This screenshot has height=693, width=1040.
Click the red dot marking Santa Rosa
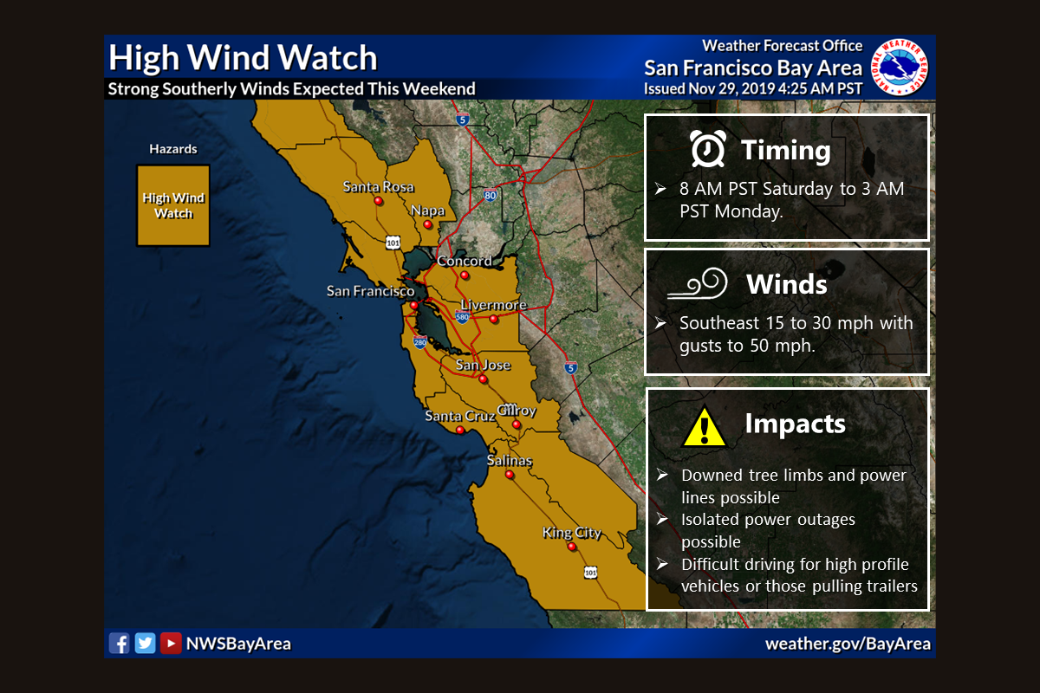[379, 200]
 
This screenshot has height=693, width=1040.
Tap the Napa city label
[427, 210]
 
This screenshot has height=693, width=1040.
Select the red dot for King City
[572, 547]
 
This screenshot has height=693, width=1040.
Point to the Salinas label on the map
[509, 460]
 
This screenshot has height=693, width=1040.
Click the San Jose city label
[483, 365]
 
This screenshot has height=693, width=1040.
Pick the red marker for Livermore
[493, 319]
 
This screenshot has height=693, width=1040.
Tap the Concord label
[464, 261]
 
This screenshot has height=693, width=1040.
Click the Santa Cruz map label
[459, 416]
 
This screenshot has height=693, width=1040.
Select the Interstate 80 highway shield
[491, 195]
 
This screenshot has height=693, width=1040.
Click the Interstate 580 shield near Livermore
[462, 317]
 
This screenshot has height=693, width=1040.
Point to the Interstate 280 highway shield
[420, 343]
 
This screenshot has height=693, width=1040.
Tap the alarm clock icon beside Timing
[707, 150]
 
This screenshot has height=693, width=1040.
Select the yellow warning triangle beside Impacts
[704, 425]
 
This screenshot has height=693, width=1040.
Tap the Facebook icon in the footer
[119, 643]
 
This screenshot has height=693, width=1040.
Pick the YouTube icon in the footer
[172, 643]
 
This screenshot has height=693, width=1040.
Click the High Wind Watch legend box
[173, 205]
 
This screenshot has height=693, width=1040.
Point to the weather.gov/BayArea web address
[848, 644]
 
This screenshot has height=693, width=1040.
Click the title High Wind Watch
[243, 58]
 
